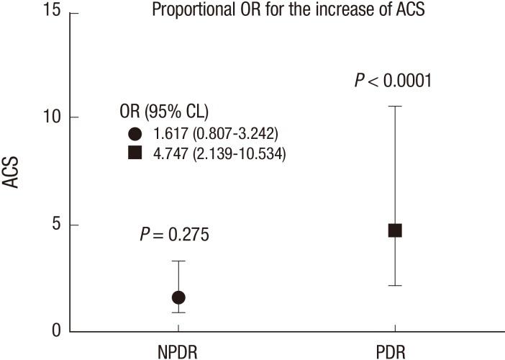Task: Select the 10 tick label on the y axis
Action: click(x=55, y=117)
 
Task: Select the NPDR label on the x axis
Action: click(x=178, y=352)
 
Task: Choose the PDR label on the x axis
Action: click(x=393, y=352)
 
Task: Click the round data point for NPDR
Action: click(x=178, y=297)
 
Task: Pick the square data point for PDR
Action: click(x=394, y=230)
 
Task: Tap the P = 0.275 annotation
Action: click(x=175, y=235)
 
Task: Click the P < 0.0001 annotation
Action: click(x=393, y=80)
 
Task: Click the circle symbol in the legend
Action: click(x=135, y=133)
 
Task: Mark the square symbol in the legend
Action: click(x=135, y=153)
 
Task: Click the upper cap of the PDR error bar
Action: click(x=394, y=106)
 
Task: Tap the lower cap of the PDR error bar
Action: click(x=394, y=286)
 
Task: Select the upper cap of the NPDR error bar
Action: click(x=178, y=261)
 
